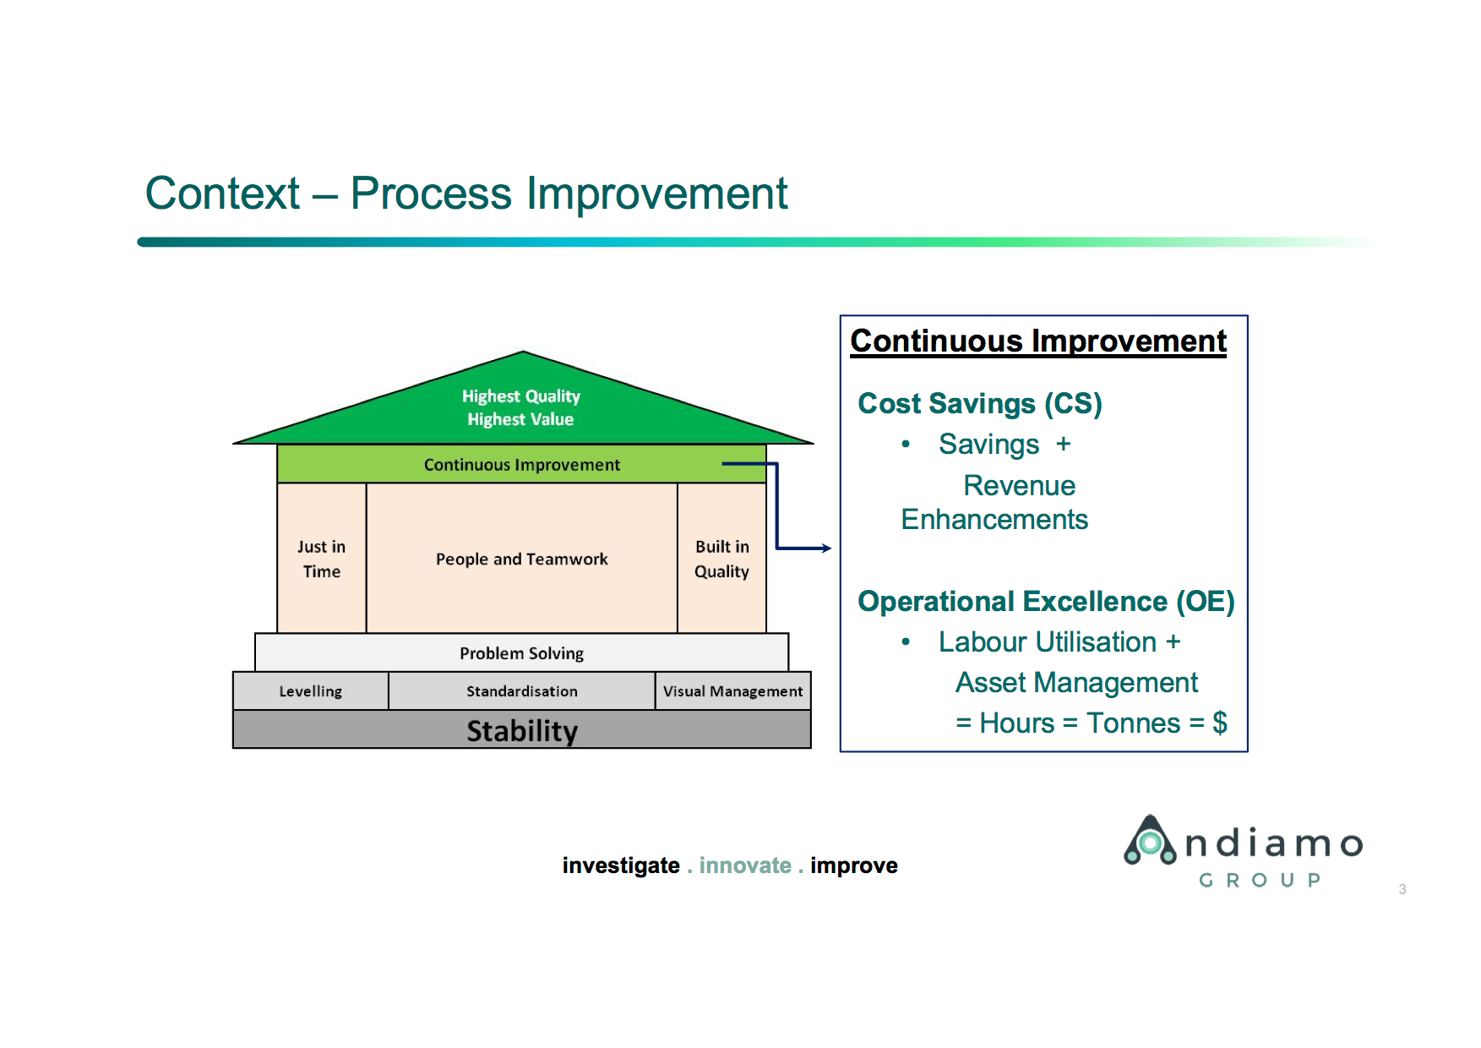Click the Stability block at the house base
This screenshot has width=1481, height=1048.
(x=521, y=730)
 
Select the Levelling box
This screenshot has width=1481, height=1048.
(x=310, y=691)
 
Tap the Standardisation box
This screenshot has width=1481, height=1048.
(x=521, y=691)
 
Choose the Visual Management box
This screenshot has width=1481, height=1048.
(x=732, y=691)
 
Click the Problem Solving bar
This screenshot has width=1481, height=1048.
(x=521, y=653)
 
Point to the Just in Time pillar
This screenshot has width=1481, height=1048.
(x=321, y=559)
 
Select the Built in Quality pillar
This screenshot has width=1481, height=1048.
(x=721, y=559)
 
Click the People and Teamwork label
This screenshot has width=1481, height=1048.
(x=521, y=559)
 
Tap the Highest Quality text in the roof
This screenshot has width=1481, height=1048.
(x=520, y=396)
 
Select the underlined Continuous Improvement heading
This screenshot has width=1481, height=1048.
(x=1037, y=341)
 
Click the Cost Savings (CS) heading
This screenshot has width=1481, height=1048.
(x=979, y=404)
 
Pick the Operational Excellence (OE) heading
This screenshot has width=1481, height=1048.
(x=1045, y=602)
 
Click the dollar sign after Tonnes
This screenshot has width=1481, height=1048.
(x=1219, y=723)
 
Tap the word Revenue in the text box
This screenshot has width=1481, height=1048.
(x=1019, y=486)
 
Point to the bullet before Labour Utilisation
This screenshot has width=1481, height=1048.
(x=906, y=642)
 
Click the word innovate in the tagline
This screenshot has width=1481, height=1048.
(x=744, y=865)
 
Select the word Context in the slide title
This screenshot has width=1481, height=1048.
(x=222, y=194)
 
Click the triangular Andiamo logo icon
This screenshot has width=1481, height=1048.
(x=1149, y=841)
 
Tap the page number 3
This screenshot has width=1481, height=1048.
(x=1402, y=889)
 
